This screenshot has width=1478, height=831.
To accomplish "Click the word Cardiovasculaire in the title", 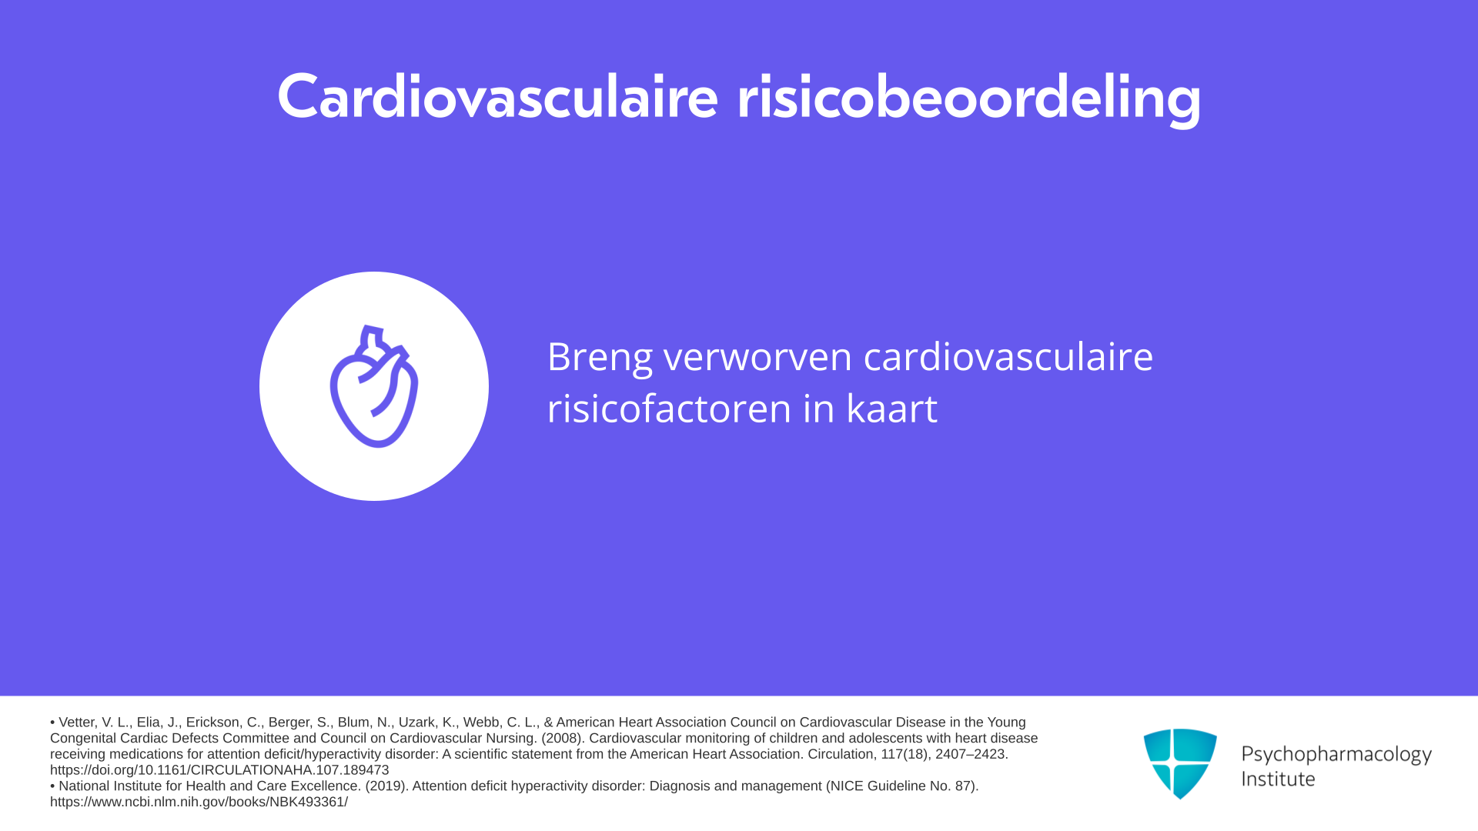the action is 497,97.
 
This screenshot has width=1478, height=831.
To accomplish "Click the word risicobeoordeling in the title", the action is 969,98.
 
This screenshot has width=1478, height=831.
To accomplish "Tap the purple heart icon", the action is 374,386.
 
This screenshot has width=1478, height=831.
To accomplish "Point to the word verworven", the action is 757,357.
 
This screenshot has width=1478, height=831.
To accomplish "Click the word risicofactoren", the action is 669,408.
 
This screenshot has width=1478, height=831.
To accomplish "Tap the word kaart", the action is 891,408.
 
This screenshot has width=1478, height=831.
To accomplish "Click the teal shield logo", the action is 1180,763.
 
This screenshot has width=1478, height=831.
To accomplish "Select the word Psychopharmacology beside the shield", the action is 1336,755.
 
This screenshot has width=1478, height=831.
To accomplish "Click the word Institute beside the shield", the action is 1279,779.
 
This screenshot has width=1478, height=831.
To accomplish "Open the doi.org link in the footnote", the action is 219,770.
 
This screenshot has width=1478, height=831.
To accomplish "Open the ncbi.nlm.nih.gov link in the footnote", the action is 199,802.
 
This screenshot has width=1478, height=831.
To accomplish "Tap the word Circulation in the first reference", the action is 842,754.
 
